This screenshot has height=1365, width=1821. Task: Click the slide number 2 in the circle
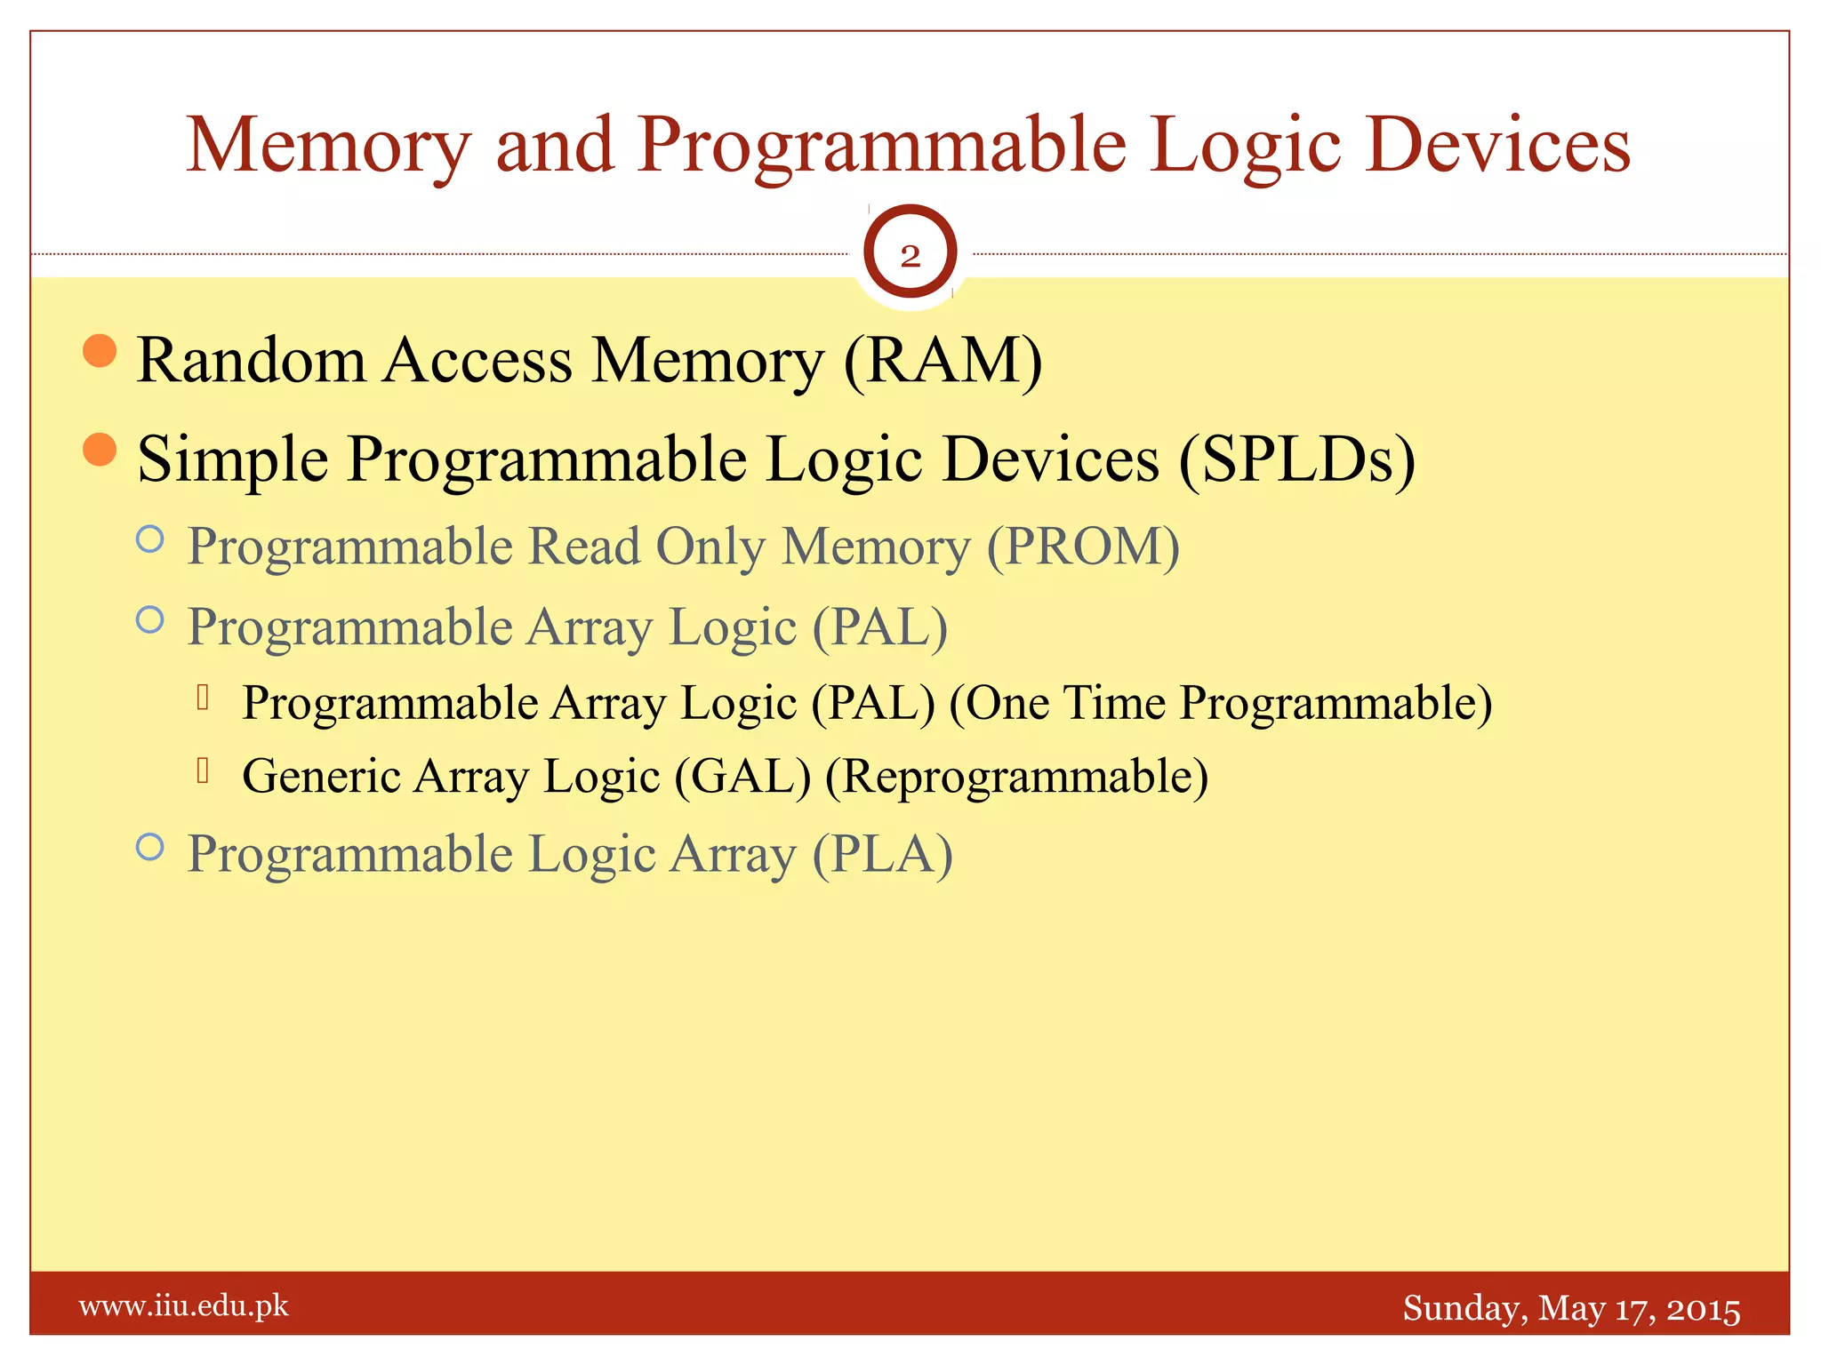coord(910,256)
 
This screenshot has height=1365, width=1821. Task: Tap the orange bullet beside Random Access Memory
coord(100,350)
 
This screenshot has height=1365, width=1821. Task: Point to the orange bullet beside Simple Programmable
coord(100,449)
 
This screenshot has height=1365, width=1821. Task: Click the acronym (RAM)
coord(943,361)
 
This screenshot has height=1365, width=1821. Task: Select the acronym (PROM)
coord(1083,546)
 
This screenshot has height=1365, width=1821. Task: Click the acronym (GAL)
coord(742,776)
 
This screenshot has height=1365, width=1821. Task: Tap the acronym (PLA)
coord(882,854)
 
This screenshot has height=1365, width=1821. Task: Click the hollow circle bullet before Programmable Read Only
coord(150,539)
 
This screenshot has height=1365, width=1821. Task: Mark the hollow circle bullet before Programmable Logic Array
coord(150,847)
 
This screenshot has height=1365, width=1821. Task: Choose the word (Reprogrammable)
coord(1016,776)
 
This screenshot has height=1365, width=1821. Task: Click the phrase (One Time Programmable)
coord(1220,703)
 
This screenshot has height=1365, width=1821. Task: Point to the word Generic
coord(322,776)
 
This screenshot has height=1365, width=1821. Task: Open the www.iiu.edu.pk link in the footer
coord(184,1306)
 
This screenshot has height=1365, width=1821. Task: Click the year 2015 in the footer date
coord(1703,1309)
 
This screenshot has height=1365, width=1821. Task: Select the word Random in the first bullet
coord(252,361)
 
